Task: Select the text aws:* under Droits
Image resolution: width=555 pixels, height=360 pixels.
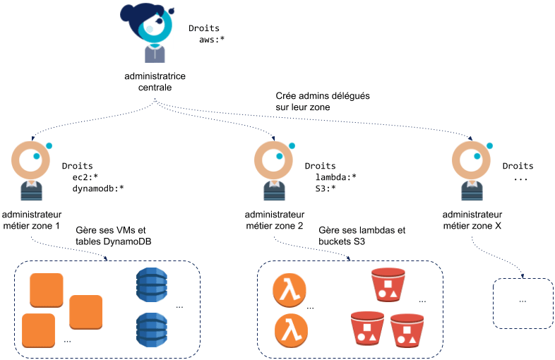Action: tap(211, 40)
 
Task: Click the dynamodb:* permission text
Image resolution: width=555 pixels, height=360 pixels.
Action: tap(98, 188)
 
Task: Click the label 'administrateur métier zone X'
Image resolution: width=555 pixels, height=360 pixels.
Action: tap(473, 220)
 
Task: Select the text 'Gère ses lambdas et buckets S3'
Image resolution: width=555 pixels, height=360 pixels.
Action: tap(362, 235)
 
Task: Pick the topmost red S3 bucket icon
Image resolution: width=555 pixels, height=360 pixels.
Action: tap(388, 284)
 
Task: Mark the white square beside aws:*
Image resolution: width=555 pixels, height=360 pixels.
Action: tap(184, 40)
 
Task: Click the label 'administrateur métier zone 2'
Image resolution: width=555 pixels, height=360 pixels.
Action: tap(275, 220)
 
